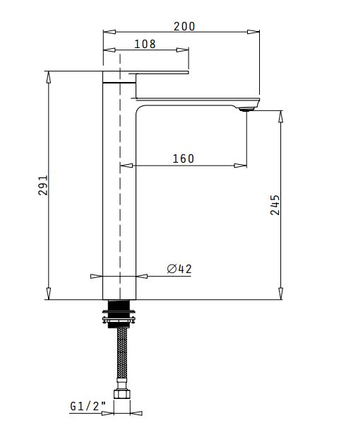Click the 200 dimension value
click(x=184, y=26)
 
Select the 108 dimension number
click(x=145, y=44)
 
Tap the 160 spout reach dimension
click(x=183, y=158)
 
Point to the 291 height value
click(x=43, y=185)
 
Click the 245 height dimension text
click(x=275, y=205)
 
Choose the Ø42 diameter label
click(x=179, y=269)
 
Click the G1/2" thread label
click(x=88, y=406)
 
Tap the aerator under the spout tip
click(x=246, y=109)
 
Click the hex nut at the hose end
click(x=121, y=394)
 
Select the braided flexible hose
click(x=122, y=353)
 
